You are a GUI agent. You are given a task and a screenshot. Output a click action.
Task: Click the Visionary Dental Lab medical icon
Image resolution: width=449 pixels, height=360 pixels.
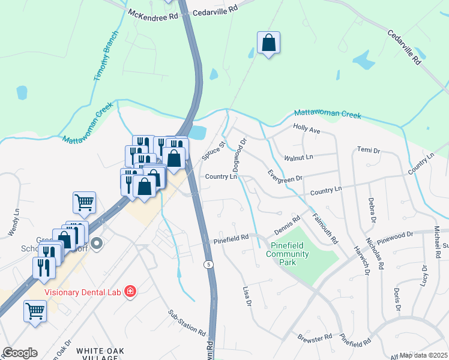tap(130, 293)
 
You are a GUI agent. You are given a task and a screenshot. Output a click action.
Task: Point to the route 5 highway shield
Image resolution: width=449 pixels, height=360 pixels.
tap(208, 264)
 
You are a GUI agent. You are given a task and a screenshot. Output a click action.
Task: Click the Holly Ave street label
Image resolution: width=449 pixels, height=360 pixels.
tap(306, 128)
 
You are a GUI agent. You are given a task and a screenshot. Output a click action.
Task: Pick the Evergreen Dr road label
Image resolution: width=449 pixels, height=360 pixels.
tap(285, 176)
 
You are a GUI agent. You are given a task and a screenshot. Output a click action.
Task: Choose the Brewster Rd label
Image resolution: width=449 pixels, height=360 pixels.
tap(315, 338)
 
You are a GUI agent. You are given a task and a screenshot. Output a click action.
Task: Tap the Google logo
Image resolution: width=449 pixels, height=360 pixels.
tap(20, 353)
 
